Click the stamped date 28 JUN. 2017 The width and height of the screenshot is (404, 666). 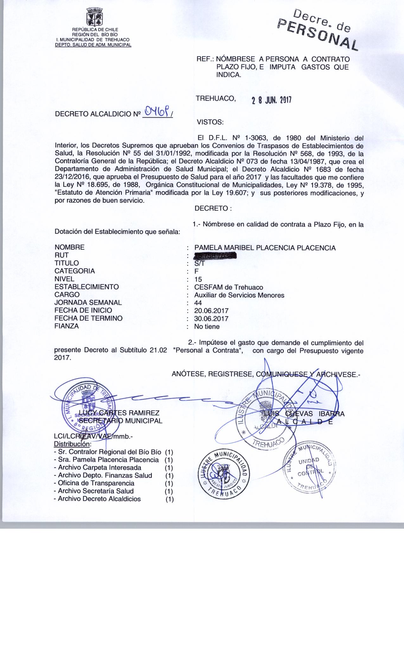click(x=271, y=101)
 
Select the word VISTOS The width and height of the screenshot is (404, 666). click(x=210, y=122)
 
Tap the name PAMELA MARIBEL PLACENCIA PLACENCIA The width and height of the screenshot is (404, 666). click(x=265, y=248)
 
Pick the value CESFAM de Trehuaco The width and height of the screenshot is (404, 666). click(x=228, y=287)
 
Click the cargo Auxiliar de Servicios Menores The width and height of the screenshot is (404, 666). click(x=239, y=295)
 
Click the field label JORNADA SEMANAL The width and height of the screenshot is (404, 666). click(x=88, y=303)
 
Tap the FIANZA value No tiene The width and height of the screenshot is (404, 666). click(x=207, y=326)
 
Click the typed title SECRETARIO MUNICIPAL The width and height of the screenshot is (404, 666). click(x=121, y=421)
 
